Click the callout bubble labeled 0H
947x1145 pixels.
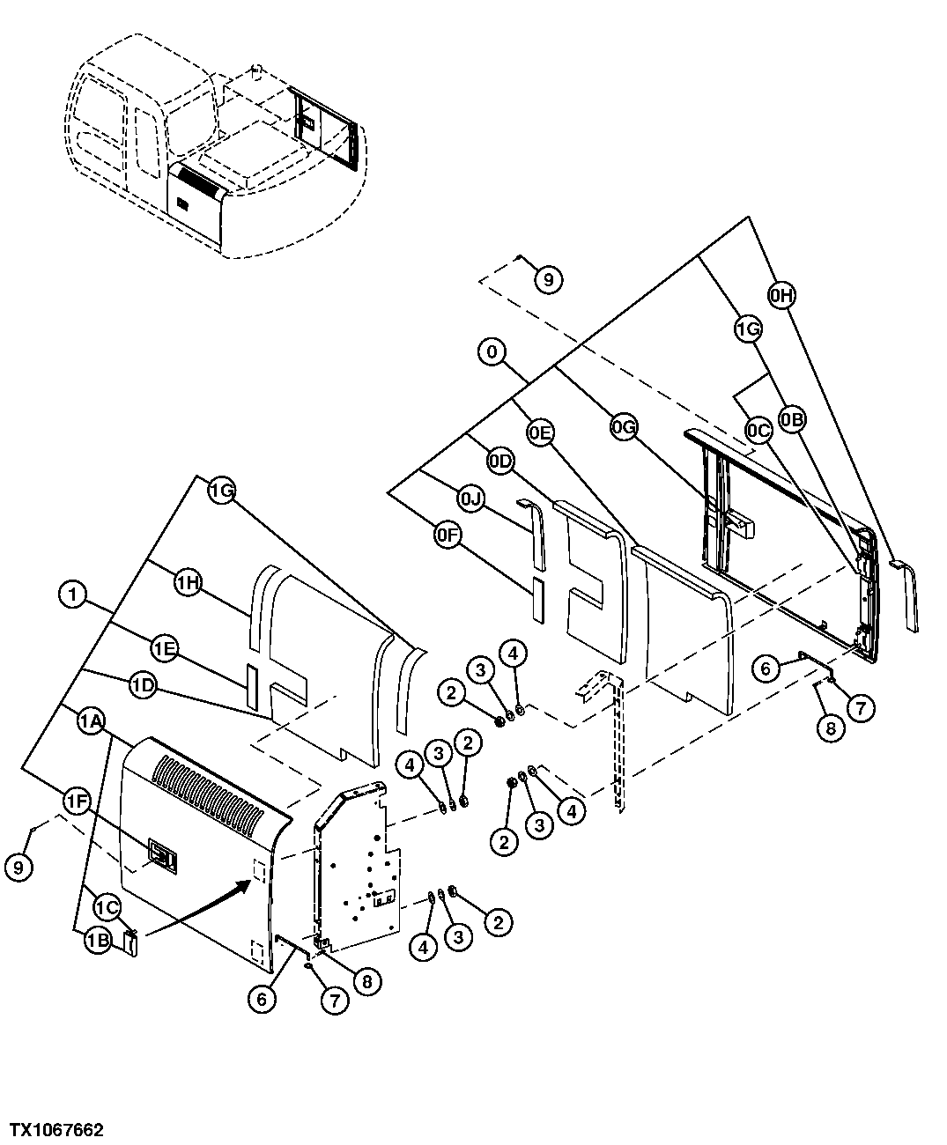pyautogui.click(x=781, y=297)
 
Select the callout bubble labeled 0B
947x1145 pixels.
pyautogui.click(x=793, y=420)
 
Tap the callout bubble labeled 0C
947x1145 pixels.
pyautogui.click(x=758, y=430)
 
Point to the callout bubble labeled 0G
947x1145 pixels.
pyautogui.click(x=623, y=427)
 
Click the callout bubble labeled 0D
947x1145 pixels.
pyautogui.click(x=500, y=462)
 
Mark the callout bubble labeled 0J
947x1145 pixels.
pyautogui.click(x=471, y=499)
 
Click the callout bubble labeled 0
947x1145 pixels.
pyautogui.click(x=492, y=352)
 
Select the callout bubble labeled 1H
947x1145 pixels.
pyautogui.click(x=187, y=582)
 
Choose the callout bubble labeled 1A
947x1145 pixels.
pyautogui.click(x=92, y=722)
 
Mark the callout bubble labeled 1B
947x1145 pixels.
pyautogui.click(x=97, y=941)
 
